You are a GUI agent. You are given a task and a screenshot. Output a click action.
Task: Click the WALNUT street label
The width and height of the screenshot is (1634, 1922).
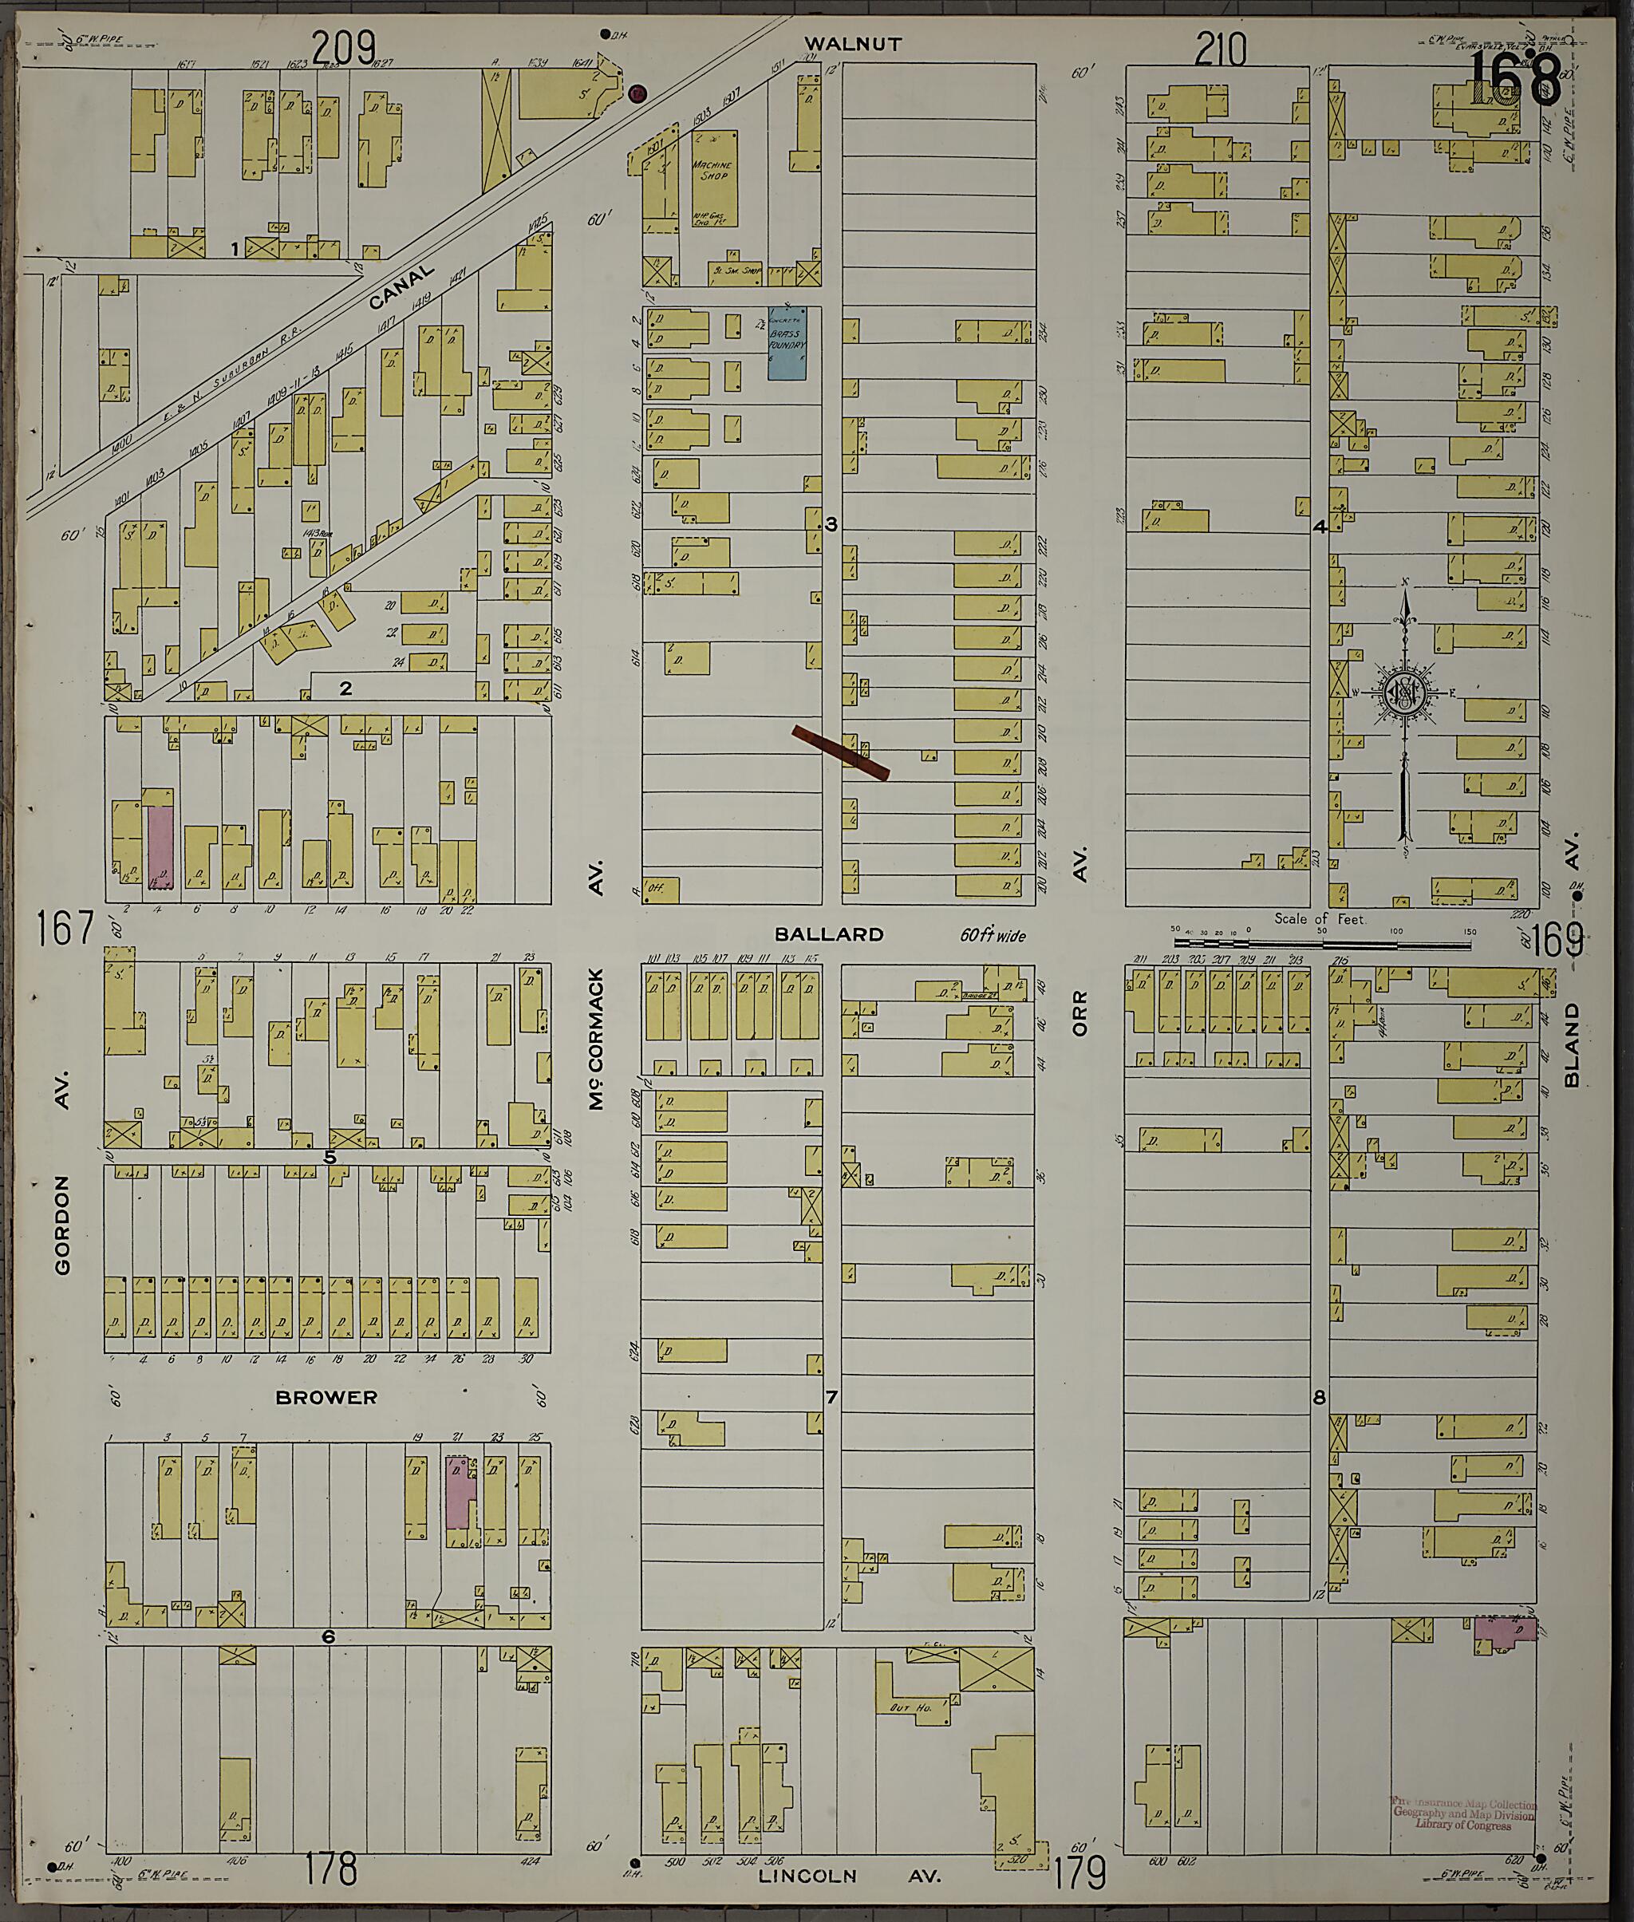852,44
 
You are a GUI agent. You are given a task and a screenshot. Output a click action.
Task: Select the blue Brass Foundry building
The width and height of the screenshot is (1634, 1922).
787,344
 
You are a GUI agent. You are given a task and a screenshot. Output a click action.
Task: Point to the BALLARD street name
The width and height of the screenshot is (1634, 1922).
830,934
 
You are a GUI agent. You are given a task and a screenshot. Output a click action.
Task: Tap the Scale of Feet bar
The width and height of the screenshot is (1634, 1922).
1320,945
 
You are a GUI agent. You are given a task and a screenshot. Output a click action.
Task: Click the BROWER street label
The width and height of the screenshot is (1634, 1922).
326,1398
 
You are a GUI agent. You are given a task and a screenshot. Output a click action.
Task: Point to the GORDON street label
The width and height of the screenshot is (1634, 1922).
63,1225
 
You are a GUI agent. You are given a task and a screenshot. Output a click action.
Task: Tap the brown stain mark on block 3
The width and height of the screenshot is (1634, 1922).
841,753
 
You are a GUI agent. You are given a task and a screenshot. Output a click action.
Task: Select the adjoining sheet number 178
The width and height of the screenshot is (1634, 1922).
330,1869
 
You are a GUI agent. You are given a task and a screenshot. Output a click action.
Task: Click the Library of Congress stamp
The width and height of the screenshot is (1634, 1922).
1463,1813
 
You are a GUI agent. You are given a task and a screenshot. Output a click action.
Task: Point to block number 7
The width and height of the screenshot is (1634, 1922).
831,1423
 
